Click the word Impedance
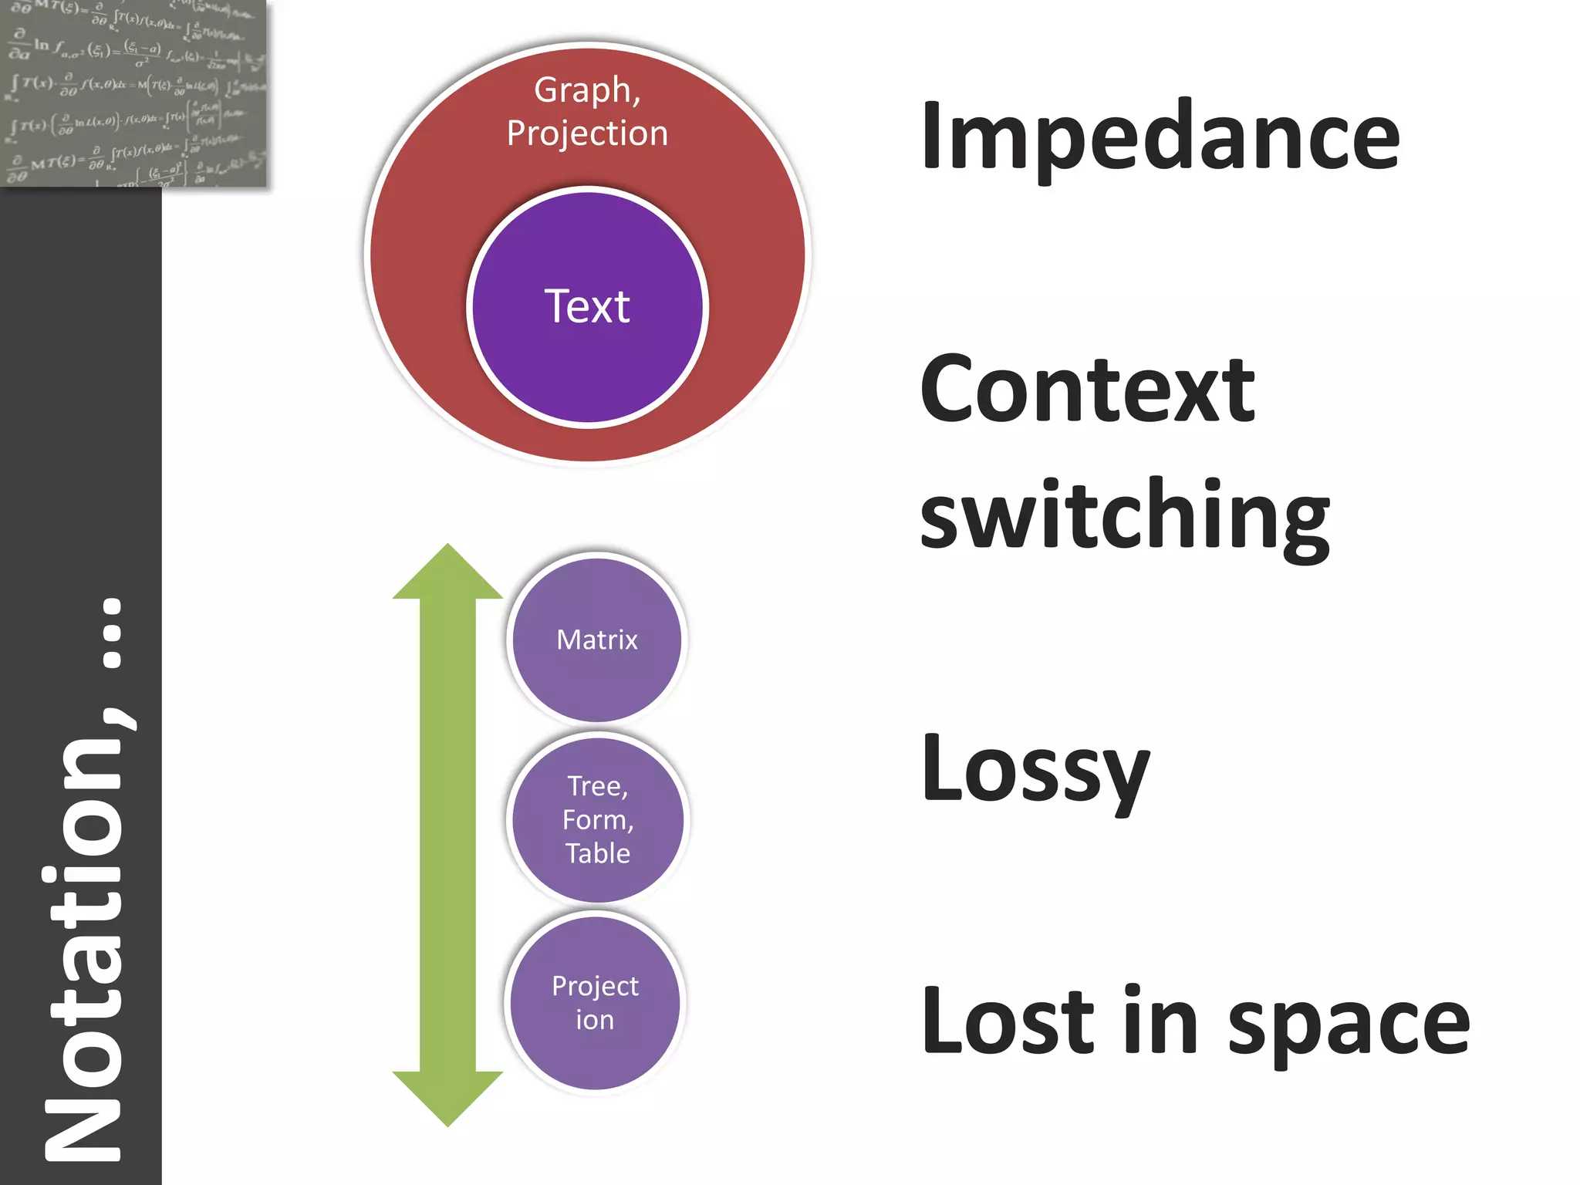point(1160,137)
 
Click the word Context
point(1088,390)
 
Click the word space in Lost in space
point(1349,1025)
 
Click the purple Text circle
point(587,307)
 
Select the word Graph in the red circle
point(586,90)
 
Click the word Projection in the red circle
point(587,133)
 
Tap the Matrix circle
point(597,640)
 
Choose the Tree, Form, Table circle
point(598,819)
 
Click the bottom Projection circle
point(595,1002)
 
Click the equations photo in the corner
point(133,93)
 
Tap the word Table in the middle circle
point(598,853)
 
